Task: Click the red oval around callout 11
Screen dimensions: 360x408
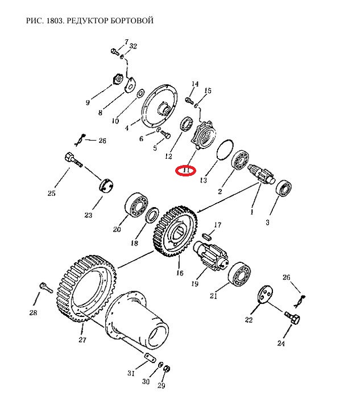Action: tap(185, 171)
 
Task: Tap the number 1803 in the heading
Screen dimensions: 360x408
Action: tap(55, 20)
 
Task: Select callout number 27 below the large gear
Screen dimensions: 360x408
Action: tap(82, 340)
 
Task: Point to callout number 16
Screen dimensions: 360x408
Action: tap(180, 273)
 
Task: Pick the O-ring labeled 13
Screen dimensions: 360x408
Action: tap(225, 150)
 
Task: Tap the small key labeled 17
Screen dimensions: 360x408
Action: tap(207, 236)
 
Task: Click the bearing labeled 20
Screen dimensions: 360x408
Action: tap(136, 205)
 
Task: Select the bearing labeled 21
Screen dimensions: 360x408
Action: tap(239, 274)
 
